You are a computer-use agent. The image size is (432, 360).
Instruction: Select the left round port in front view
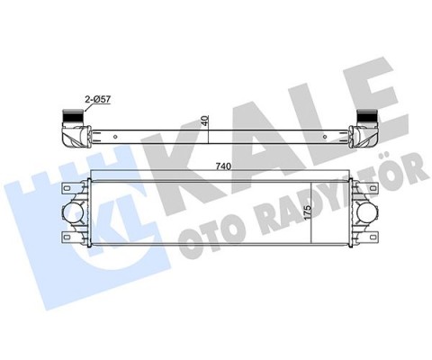(72, 212)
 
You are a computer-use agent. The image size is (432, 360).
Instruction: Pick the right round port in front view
(368, 212)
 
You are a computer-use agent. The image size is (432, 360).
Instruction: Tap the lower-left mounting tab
(66, 237)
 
